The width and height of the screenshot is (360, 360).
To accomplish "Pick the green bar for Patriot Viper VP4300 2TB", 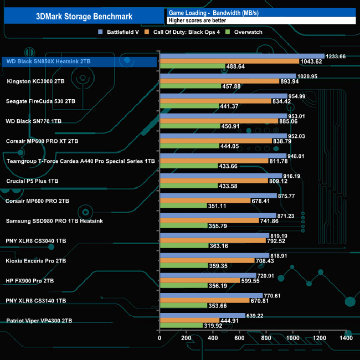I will click(x=181, y=326).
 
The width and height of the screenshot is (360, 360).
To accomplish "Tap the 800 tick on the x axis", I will click(x=266, y=338).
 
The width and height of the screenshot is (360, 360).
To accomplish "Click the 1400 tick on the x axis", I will click(x=346, y=338).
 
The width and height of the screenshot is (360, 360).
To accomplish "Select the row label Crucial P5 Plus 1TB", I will click(x=32, y=181).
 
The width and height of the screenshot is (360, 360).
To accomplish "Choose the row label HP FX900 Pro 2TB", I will click(x=30, y=281).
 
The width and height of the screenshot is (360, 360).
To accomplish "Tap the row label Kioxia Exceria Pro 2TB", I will click(x=36, y=261).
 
